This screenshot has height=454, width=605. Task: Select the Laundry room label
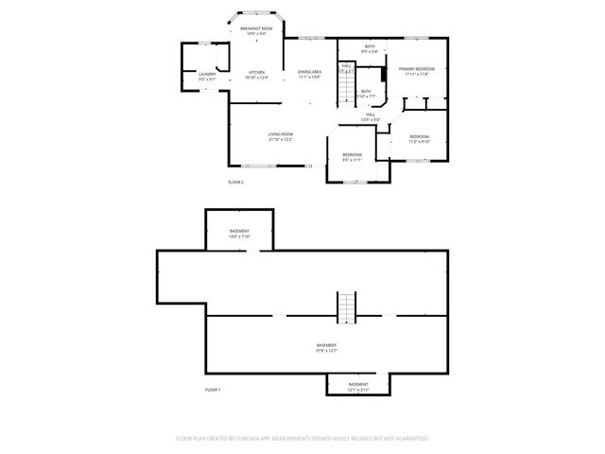coord(207,75)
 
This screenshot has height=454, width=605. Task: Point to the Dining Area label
coord(310,73)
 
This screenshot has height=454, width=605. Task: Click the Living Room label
coord(280,134)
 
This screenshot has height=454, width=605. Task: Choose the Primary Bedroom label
coord(416,69)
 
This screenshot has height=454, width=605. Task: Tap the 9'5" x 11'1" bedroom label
coord(352,156)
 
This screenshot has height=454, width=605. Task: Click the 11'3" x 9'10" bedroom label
coord(419,139)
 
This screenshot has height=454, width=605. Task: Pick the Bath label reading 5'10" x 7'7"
coord(366,93)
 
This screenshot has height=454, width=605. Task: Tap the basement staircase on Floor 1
coord(347,306)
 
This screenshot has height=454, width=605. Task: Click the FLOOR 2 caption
coord(235,181)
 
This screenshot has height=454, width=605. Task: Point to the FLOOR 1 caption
coord(212,390)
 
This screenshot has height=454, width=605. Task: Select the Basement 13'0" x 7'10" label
coord(239,233)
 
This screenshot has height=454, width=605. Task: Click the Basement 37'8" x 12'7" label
coord(327,347)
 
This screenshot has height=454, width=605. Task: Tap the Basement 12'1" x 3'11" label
coord(358,384)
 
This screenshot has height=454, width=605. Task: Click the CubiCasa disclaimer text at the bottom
coord(302,439)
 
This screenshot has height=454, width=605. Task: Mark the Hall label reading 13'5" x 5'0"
coord(371,116)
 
